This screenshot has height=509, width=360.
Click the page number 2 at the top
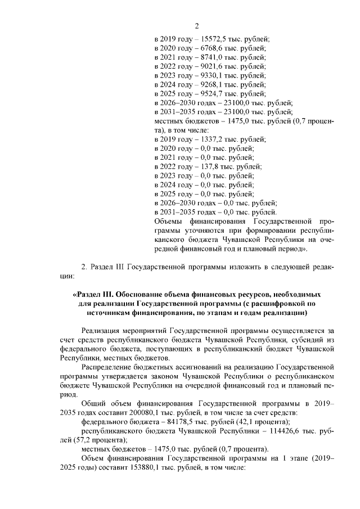point(197,25)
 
